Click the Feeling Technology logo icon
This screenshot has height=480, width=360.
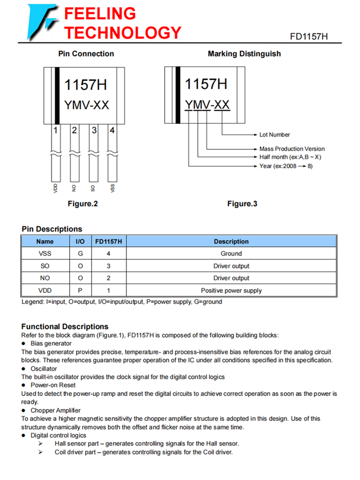coord(42,22)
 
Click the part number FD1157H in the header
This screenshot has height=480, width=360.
coord(309,37)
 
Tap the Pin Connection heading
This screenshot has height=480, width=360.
coord(86,54)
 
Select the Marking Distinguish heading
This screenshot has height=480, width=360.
coord(244,54)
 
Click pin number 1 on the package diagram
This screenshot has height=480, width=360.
coord(56,130)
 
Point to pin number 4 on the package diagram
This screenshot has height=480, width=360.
coord(112,130)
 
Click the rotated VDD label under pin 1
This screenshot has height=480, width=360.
coord(56,188)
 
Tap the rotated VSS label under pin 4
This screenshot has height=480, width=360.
coord(112,188)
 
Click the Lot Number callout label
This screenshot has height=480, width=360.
coord(275,135)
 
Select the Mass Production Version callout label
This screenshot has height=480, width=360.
coord(292,149)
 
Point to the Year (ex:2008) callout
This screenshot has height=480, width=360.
coord(286,166)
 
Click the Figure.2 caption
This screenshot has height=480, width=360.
coord(83,204)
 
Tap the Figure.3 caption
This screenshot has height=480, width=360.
coord(242,204)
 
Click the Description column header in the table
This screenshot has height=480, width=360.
coord(231,241)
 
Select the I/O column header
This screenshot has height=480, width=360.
coord(80,241)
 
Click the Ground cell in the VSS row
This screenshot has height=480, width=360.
coord(231,253)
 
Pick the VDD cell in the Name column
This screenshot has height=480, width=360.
coord(45,290)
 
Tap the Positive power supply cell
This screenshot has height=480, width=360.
coord(231,290)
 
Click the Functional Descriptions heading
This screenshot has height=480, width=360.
coord(65,327)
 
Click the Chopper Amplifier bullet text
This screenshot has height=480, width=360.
coord(56,410)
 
